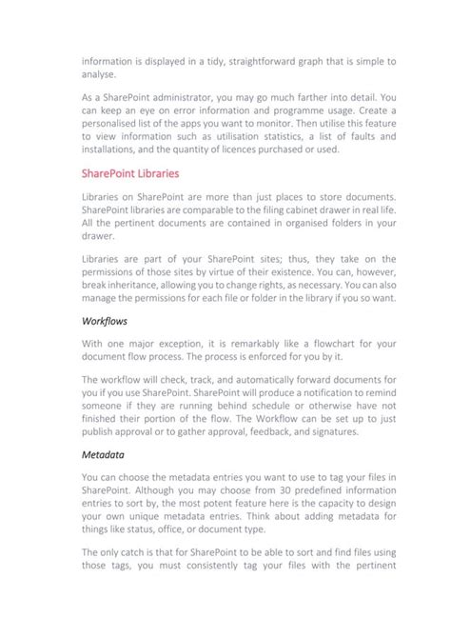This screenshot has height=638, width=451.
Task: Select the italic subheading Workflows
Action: pyautogui.click(x=105, y=322)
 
